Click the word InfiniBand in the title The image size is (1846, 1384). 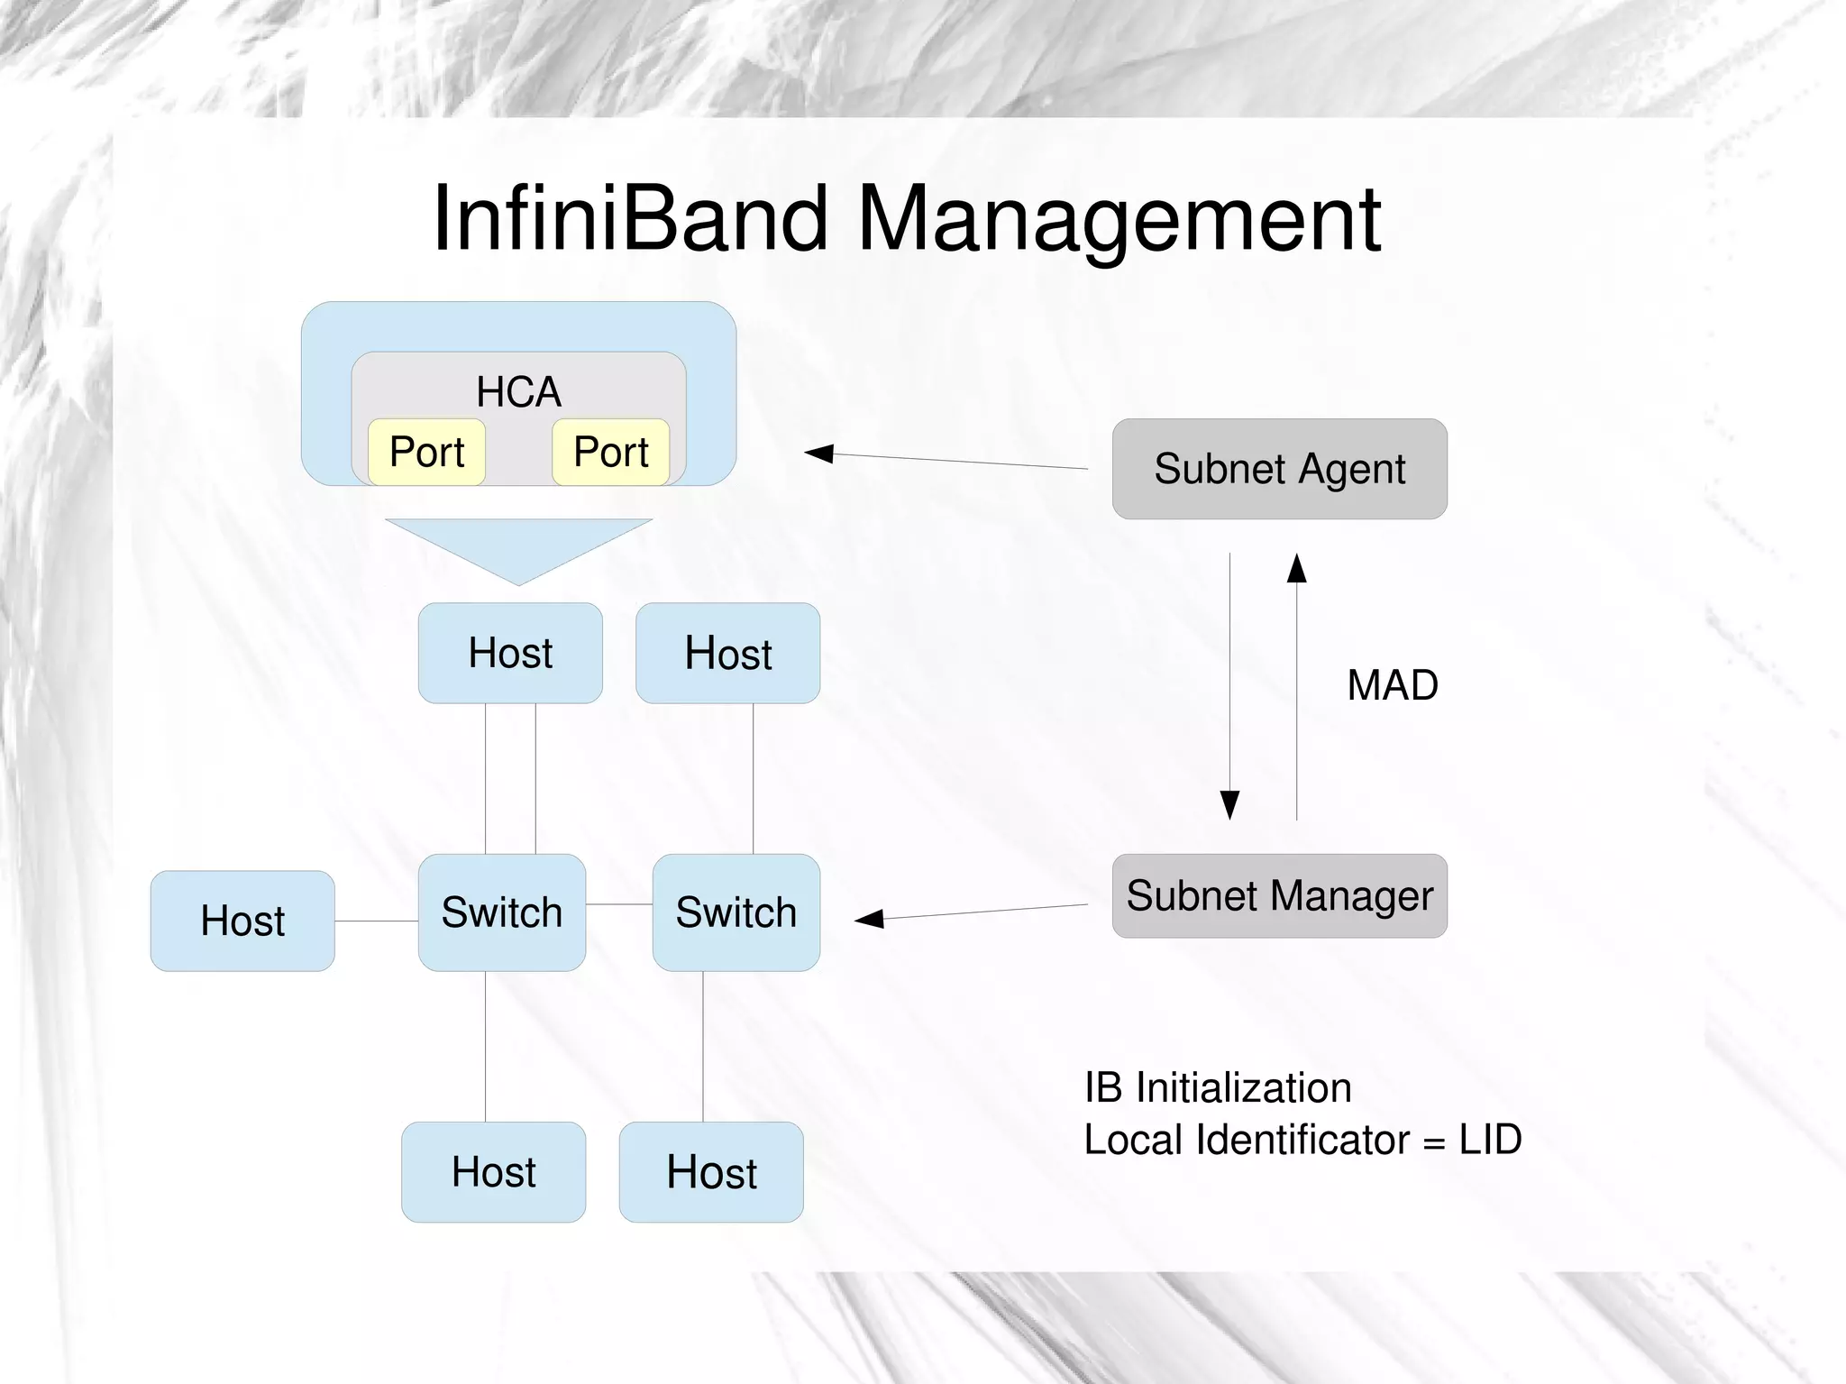(x=629, y=218)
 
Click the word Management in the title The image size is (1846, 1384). (x=1119, y=218)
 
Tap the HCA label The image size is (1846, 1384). (x=518, y=392)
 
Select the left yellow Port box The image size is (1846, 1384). (x=426, y=452)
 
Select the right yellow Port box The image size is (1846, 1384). (x=610, y=452)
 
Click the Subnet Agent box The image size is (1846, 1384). (x=1279, y=469)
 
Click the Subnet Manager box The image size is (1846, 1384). (x=1279, y=896)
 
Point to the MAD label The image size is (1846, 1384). (x=1392, y=685)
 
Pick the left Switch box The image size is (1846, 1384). (x=501, y=912)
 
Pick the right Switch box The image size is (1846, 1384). (x=736, y=912)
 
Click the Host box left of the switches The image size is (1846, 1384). (x=242, y=921)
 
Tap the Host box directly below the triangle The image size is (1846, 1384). (x=510, y=653)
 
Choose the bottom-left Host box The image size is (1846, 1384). (x=493, y=1172)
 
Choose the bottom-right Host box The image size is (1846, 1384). (x=711, y=1172)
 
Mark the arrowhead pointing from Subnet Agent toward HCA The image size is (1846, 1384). (x=818, y=453)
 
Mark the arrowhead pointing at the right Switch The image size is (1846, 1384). (x=869, y=919)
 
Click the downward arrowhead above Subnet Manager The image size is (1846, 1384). (x=1229, y=803)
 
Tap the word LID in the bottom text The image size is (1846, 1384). (x=1490, y=1140)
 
